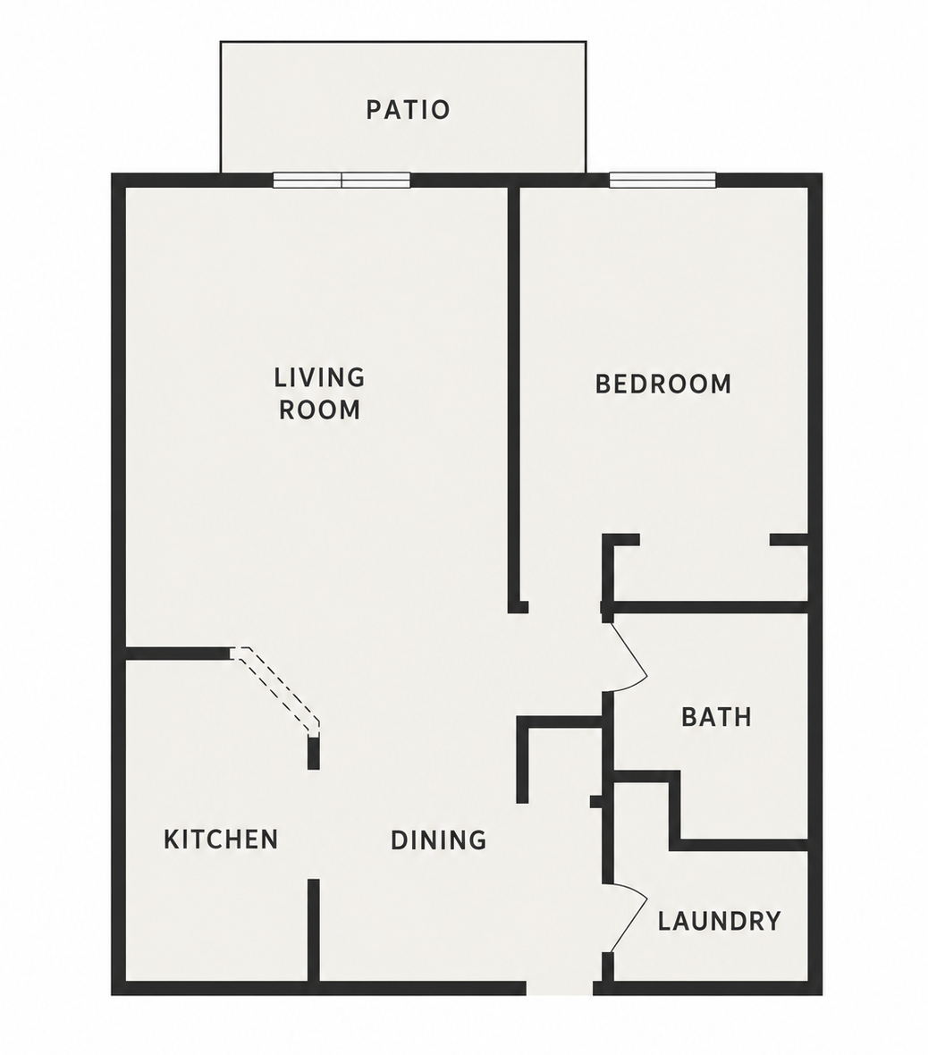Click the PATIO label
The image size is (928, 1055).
pos(408,110)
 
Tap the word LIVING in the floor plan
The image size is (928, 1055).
pos(319,377)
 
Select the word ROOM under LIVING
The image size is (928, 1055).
pos(320,409)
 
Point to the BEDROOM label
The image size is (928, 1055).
pos(662,384)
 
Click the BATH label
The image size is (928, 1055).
pos(716,717)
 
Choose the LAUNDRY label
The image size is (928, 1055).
pos(719,920)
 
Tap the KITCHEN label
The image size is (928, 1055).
pos(221,839)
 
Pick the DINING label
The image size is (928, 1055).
pos(438,840)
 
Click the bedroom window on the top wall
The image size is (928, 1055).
pos(662,180)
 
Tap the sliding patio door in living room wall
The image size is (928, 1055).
pos(342,180)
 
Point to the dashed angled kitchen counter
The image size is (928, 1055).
pos(276,690)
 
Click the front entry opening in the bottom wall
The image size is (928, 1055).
pos(560,988)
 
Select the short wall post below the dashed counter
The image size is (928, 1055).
pos(313,753)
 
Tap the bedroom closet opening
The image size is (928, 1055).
pos(704,540)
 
